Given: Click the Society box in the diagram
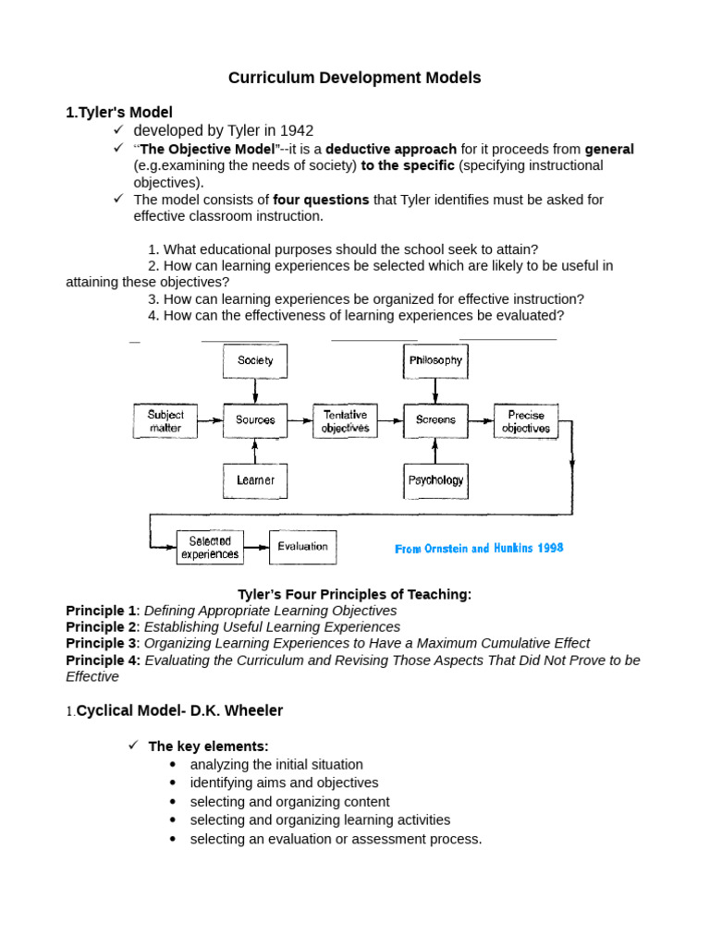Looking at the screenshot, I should point(255,360).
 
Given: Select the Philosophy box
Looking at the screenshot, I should point(435,360).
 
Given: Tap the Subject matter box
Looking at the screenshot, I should point(165,421).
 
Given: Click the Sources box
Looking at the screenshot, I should point(255,420).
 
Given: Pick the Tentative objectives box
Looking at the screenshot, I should point(345,421).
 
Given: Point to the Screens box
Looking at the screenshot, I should point(435,420).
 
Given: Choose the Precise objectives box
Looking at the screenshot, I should point(526,421).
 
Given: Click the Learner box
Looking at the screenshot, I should point(255,480).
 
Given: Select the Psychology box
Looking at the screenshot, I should point(435,480).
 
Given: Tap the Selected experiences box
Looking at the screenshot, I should point(210,547).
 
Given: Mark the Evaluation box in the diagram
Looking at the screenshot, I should point(302,547).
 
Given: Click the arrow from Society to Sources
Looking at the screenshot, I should point(255,390).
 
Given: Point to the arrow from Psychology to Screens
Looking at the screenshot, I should point(435,451).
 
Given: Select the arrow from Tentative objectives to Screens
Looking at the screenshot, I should point(390,421).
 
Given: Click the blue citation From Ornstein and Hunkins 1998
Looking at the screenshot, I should point(479,549).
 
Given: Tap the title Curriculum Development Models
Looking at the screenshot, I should point(355,78).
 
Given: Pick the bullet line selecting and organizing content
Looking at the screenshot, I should point(289,801).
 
